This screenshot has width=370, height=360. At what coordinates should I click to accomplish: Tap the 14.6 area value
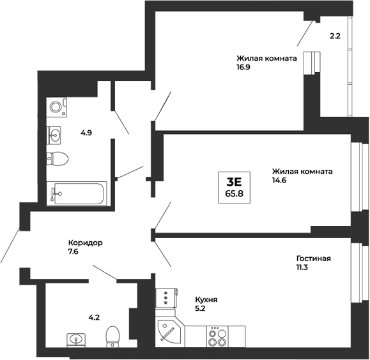point(279,182)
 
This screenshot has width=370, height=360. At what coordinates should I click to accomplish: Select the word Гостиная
point(313,259)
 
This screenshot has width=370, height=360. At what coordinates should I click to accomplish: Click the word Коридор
point(86,243)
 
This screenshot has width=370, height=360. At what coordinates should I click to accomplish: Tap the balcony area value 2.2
point(335,36)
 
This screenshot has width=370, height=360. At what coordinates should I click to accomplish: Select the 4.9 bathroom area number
point(86,133)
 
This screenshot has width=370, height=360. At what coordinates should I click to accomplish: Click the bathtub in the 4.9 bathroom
point(79,193)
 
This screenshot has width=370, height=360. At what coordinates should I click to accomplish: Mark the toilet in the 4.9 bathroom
point(58,158)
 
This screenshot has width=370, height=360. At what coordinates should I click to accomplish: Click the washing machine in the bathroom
point(56,107)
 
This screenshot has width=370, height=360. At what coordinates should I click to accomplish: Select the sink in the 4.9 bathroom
point(56,134)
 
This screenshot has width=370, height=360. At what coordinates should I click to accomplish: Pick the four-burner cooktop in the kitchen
point(217,336)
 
